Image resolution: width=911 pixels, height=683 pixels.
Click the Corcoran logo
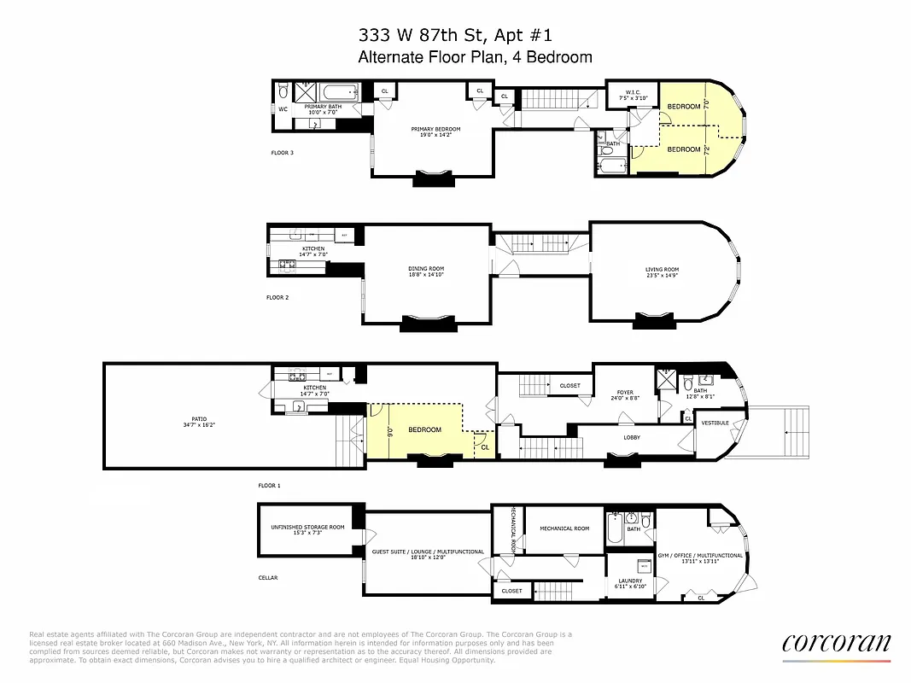(x=836, y=643)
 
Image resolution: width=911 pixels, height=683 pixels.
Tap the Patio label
(x=199, y=421)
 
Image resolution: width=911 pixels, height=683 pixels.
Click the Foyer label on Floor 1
(x=625, y=394)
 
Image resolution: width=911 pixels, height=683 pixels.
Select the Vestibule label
(x=715, y=423)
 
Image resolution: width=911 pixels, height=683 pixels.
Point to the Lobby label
(x=632, y=437)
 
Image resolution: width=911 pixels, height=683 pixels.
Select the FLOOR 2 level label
(x=278, y=298)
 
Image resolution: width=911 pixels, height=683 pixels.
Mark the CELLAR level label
(x=268, y=577)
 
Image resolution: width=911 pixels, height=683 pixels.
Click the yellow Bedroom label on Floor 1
(x=423, y=429)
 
